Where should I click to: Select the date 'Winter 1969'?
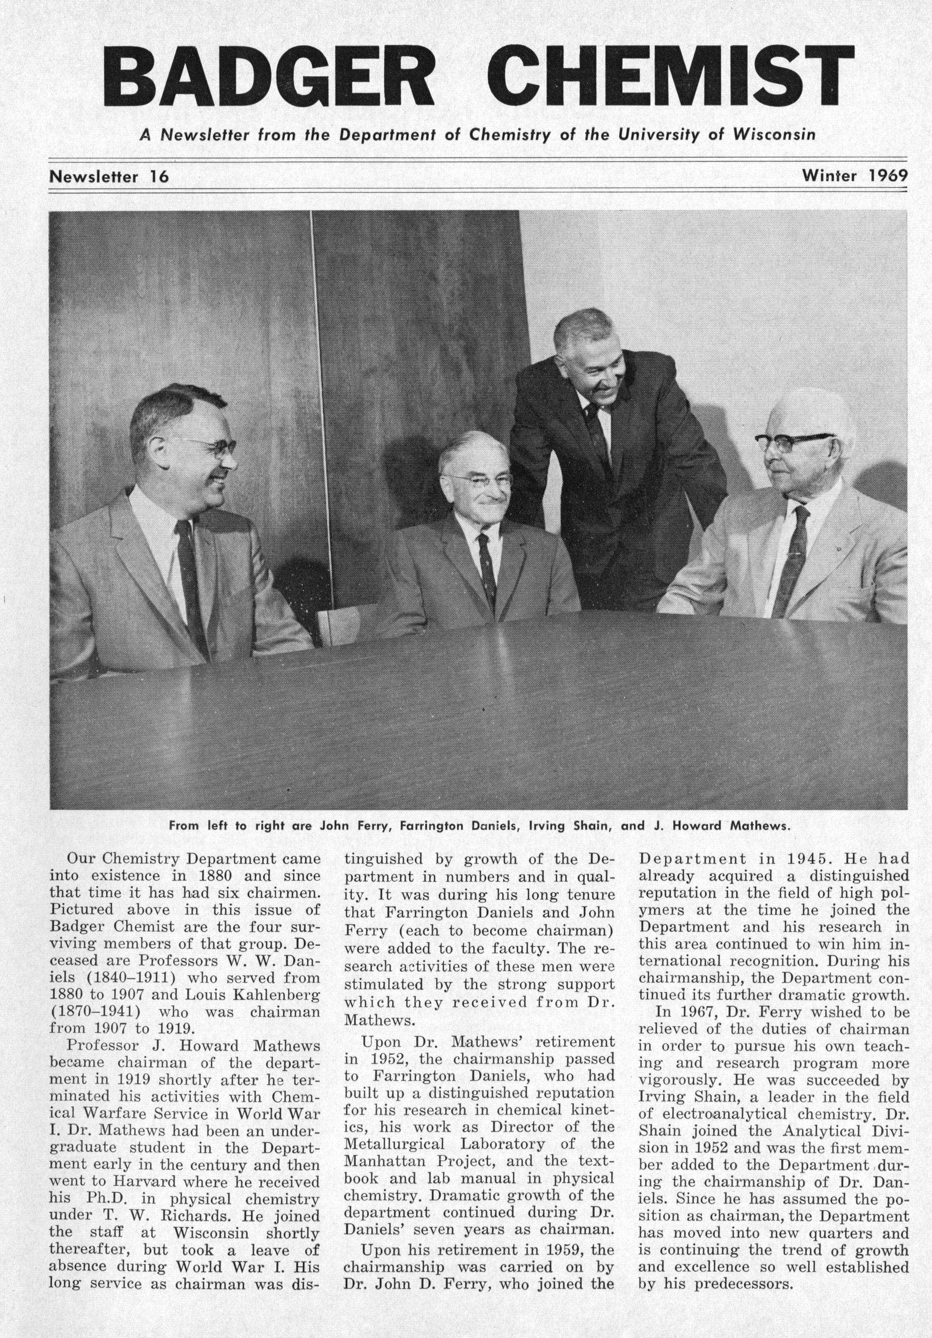point(854,175)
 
